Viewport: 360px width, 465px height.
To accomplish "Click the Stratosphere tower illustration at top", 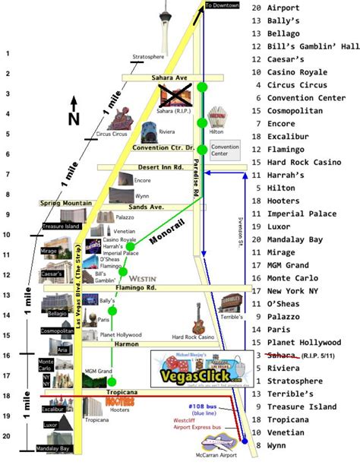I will tap(165, 30).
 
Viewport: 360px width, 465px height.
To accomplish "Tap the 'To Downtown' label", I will tap(223, 6).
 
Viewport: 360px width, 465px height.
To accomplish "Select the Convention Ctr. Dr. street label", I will tap(163, 147).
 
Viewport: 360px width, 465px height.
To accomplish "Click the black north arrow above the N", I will tap(73, 105).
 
